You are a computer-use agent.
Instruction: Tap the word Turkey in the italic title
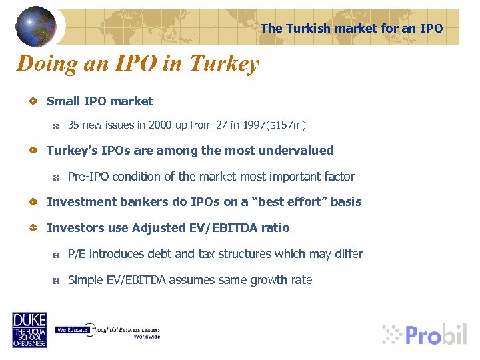pos(224,64)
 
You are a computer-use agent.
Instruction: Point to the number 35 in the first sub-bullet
pos(74,125)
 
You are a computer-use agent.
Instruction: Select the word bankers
pos(137,202)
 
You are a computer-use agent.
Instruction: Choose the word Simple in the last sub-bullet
pos(85,280)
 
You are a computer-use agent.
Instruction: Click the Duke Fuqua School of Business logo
pos(29,329)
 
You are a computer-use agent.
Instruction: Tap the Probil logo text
pos(435,334)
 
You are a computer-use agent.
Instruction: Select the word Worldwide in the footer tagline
pos(147,337)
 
